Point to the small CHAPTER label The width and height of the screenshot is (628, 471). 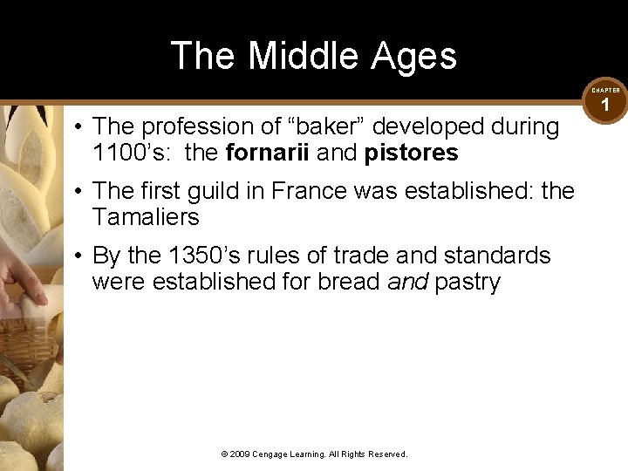coord(605,90)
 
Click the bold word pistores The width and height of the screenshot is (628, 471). coord(411,153)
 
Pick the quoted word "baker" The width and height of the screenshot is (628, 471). coord(314,126)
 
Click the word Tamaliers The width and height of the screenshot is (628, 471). coord(145,217)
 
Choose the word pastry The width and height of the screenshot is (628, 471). coord(468,282)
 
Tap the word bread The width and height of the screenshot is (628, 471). coord(353,282)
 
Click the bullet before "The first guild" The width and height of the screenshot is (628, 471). coord(78,190)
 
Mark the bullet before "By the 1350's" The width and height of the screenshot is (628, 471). coord(78,256)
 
